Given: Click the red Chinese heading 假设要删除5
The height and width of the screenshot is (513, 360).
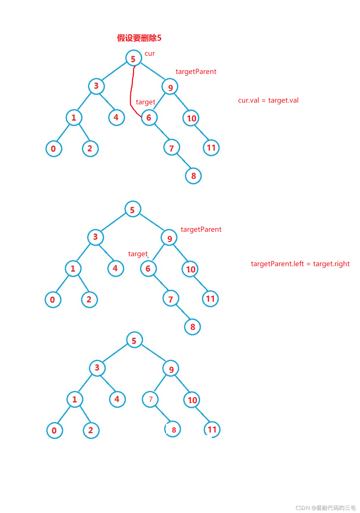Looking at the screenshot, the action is click(139, 38).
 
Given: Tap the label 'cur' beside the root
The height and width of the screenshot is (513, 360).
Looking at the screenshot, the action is click(149, 53).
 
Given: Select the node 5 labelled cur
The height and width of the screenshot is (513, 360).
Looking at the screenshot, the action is click(134, 58).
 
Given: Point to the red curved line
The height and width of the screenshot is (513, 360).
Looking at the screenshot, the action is click(131, 91).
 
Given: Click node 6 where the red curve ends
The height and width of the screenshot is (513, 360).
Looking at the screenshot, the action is click(149, 118).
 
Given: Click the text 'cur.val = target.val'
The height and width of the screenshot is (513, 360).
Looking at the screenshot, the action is click(268, 100).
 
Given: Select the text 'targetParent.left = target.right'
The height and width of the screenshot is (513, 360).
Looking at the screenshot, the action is click(300, 264).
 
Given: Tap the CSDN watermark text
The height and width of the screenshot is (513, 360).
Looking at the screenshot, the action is click(326, 508).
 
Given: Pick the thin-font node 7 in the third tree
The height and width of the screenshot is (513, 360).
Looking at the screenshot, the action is click(150, 399).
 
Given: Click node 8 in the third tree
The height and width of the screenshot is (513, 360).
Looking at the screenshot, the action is click(173, 430).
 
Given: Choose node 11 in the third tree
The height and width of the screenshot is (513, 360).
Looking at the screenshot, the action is click(212, 429).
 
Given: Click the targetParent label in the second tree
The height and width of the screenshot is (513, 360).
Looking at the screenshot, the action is click(201, 229).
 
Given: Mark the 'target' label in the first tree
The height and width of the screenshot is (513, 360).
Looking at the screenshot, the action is click(145, 102).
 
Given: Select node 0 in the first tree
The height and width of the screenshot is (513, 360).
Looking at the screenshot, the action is click(54, 148).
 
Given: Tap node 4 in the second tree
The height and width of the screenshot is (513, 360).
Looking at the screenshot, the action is click(116, 268).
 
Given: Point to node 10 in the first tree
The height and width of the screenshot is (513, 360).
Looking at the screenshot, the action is click(191, 118).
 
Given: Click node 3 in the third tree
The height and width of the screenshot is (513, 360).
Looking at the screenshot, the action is click(97, 368).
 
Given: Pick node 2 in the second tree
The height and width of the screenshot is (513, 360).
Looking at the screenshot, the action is click(89, 299).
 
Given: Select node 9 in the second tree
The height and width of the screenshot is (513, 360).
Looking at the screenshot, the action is click(169, 238).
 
